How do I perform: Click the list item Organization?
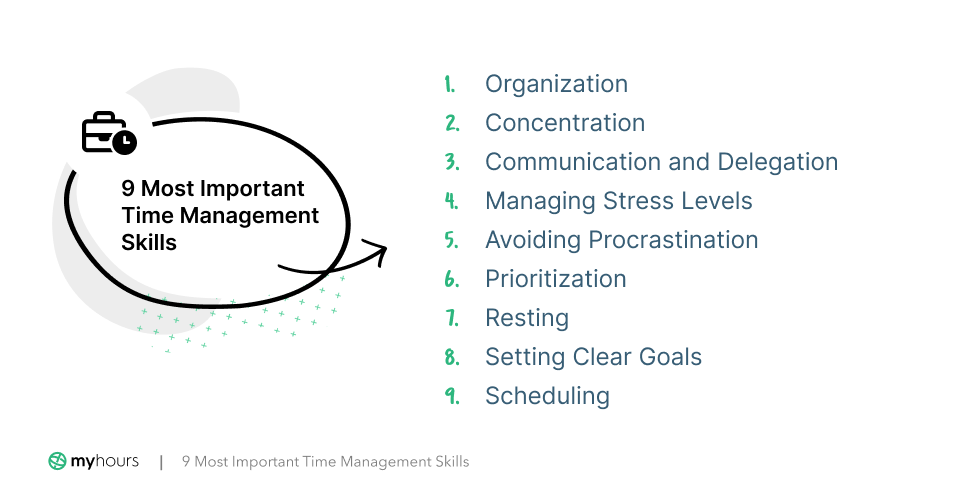coord(556,84)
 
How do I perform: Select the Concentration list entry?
coord(565,123)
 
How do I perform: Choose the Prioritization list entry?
coord(555,279)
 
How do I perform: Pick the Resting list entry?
coord(526,318)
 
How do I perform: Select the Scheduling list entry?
coord(547,396)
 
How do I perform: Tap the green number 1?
coord(450,84)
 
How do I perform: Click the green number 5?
coord(451,240)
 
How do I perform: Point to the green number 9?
coord(451,396)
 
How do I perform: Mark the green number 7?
coord(451,318)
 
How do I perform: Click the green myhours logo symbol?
coord(57,461)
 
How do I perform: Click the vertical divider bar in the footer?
coord(161,461)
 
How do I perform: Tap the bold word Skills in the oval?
coord(148,242)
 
